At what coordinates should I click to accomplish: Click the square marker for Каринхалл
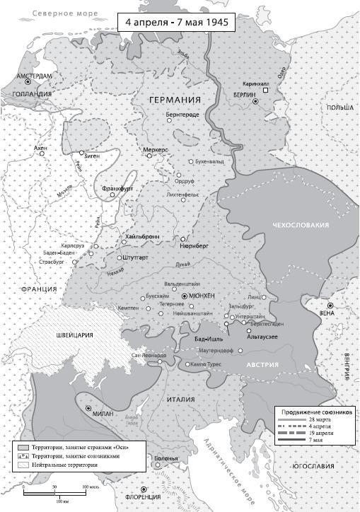point(266,91)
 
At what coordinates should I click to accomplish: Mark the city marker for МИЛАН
point(88,408)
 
